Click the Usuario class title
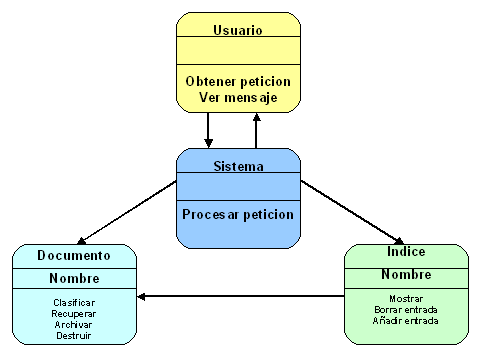[x=238, y=29]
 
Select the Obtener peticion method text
[x=238, y=80]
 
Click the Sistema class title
[x=238, y=166]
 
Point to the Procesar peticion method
[x=238, y=214]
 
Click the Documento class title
[x=74, y=256]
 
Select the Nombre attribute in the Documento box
[x=74, y=279]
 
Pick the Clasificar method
[x=74, y=301]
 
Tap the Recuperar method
[x=74, y=312]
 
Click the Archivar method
[x=74, y=323]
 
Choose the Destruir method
[x=74, y=334]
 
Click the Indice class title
[x=405, y=253]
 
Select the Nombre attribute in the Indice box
[x=405, y=274]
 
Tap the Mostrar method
[x=405, y=298]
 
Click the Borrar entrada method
[x=405, y=309]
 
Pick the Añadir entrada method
[x=405, y=320]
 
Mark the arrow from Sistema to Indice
[x=349, y=211]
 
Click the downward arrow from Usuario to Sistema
[x=208, y=129]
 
